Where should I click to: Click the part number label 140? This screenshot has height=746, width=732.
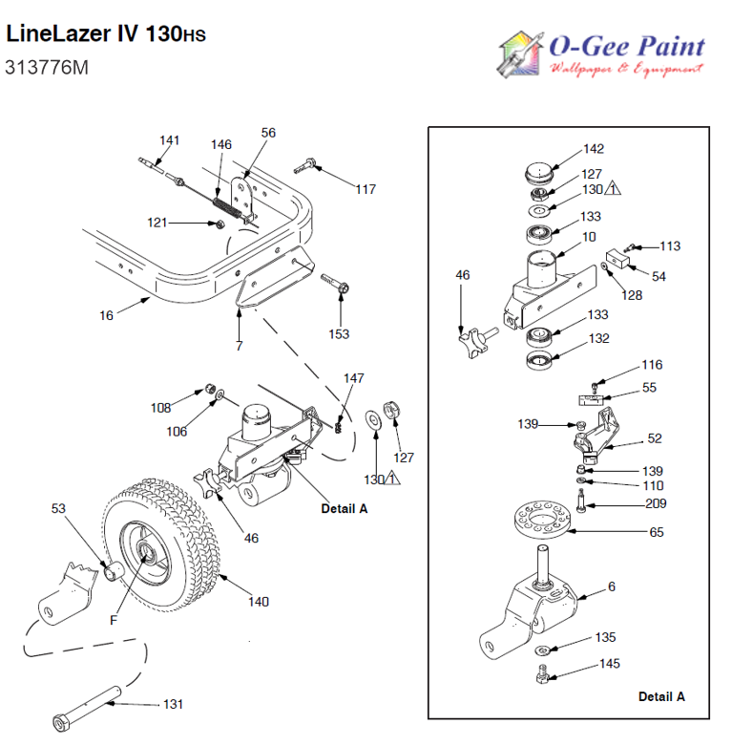tap(258, 602)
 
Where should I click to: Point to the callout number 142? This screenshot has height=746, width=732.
tap(594, 149)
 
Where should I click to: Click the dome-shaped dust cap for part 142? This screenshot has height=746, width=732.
tap(540, 177)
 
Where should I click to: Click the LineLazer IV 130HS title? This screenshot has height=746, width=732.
tap(105, 35)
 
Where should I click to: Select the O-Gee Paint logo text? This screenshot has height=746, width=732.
tap(625, 46)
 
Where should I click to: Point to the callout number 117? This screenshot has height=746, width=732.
tap(365, 188)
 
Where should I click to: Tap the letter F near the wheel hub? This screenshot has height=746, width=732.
tap(114, 619)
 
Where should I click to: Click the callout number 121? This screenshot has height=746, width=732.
tap(157, 223)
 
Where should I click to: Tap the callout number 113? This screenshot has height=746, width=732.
tap(670, 245)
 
